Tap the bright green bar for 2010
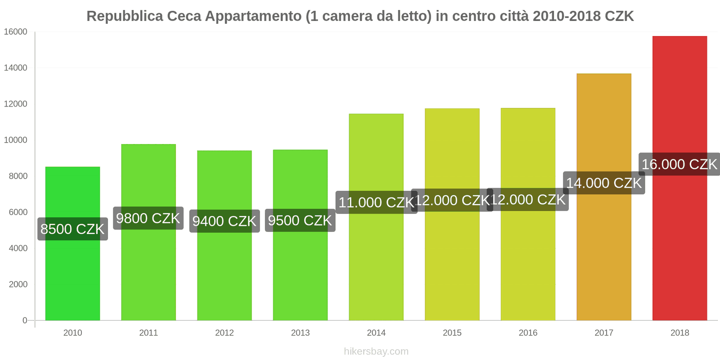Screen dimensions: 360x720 tap(72, 279)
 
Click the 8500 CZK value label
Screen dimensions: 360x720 tap(72, 229)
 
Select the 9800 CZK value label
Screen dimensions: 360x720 tap(148, 218)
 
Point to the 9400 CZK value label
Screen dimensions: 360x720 tap(224, 221)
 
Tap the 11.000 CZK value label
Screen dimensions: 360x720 tap(376, 202)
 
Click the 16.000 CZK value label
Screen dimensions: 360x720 tap(679, 164)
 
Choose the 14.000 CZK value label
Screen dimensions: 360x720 tap(603, 183)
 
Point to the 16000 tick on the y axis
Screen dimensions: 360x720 tap(16, 32)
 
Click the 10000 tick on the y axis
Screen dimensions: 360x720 tap(16, 140)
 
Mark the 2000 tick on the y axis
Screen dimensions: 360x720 tap(18, 284)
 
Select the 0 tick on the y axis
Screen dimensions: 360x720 tap(25, 320)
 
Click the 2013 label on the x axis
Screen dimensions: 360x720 tap(300, 333)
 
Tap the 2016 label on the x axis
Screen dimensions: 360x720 tap(528, 333)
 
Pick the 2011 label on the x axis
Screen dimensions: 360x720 tap(148, 333)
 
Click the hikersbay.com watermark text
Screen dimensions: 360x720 tap(376, 351)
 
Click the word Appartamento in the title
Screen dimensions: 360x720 tap(253, 16)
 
